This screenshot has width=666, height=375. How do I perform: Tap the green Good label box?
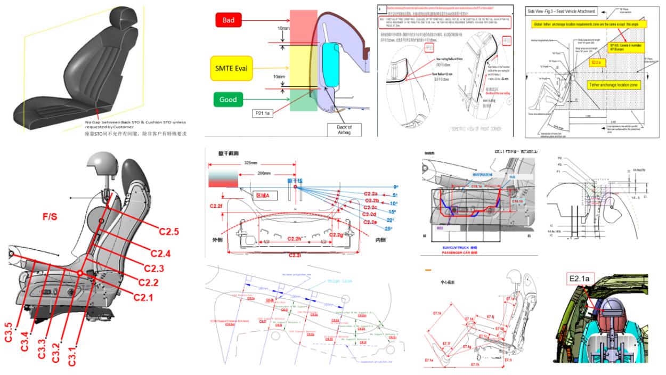pyautogui.click(x=229, y=99)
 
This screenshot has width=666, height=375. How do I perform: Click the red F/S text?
pyautogui.click(x=53, y=217)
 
